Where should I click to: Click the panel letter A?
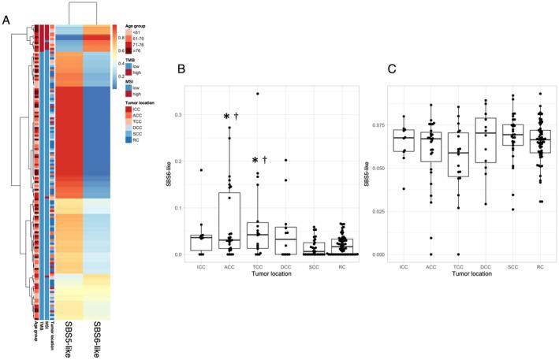(8, 21)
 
